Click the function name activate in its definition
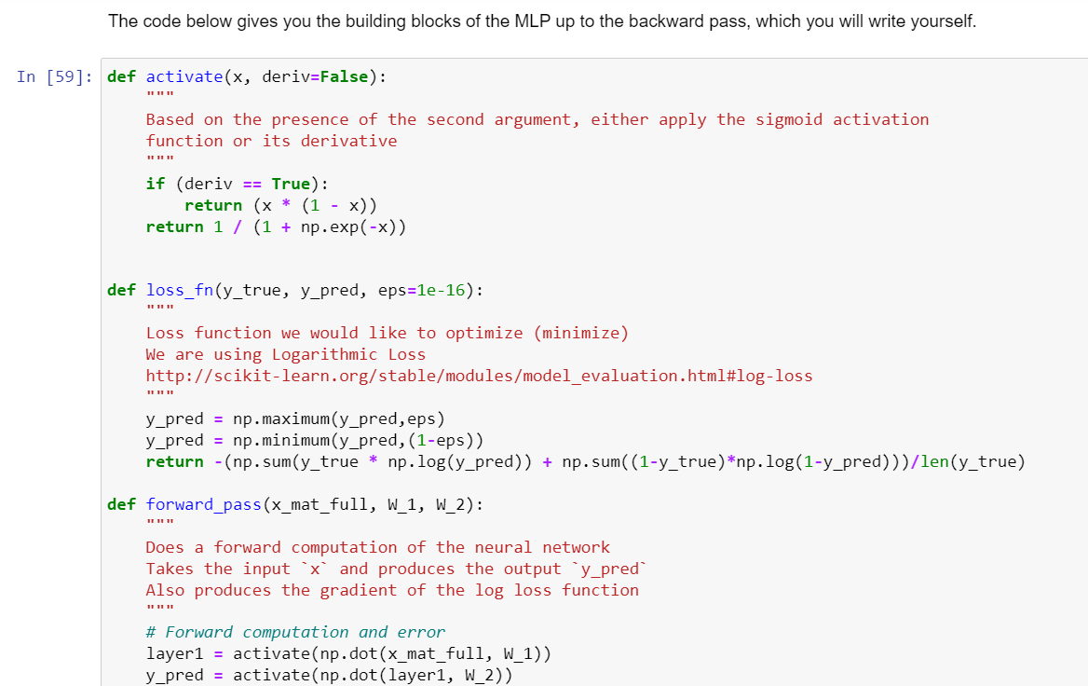[184, 76]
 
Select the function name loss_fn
[180, 290]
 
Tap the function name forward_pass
[204, 504]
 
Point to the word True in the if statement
[291, 184]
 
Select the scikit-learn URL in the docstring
[479, 376]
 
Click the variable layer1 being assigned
[174, 653]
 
